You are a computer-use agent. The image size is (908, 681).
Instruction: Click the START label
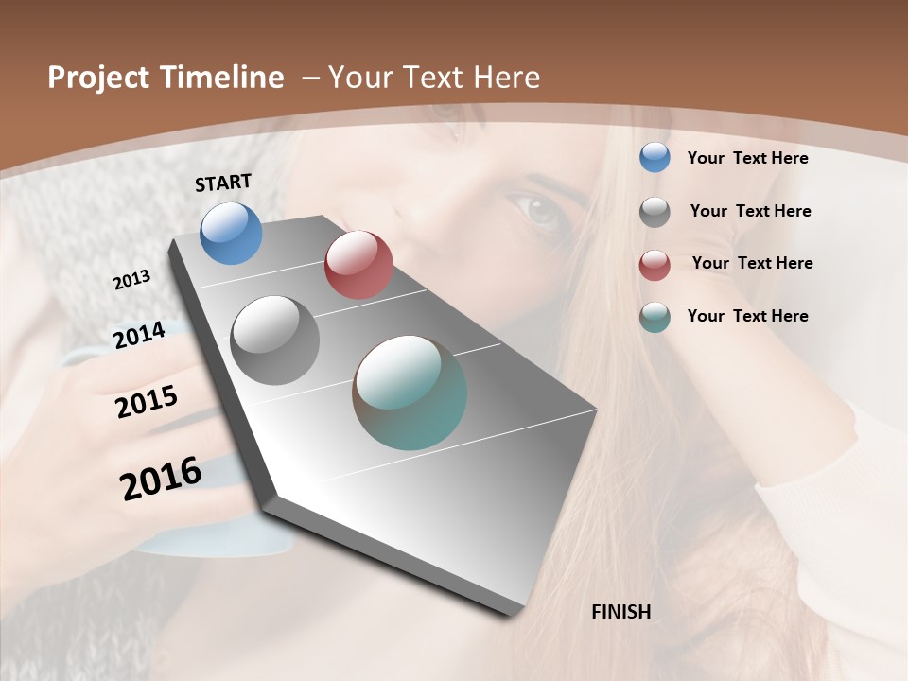point(223,183)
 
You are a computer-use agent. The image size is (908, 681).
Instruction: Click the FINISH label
point(621,612)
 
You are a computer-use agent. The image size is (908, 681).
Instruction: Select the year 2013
point(131,280)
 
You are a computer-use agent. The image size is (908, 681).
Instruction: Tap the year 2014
point(139,335)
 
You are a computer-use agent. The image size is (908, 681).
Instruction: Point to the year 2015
point(147,402)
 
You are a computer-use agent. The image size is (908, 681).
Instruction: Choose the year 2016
point(161,479)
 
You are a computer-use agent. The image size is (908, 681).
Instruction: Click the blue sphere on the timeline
point(232,233)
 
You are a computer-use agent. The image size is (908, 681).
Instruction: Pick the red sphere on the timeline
point(358,265)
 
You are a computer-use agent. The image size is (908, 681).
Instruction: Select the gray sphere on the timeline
point(275,340)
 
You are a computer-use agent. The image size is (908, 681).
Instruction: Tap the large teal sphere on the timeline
point(410,393)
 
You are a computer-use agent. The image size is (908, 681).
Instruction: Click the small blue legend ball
point(655,157)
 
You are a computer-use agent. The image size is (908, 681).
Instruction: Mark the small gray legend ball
point(655,211)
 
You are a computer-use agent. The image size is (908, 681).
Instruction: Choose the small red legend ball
point(655,264)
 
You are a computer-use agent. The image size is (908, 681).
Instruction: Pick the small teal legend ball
point(655,317)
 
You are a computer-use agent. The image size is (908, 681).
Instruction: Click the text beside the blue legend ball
point(747,158)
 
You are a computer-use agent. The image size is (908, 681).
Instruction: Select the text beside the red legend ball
point(752,263)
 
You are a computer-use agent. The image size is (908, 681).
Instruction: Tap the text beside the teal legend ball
point(747,316)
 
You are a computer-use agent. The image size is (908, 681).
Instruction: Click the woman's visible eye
point(538,212)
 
